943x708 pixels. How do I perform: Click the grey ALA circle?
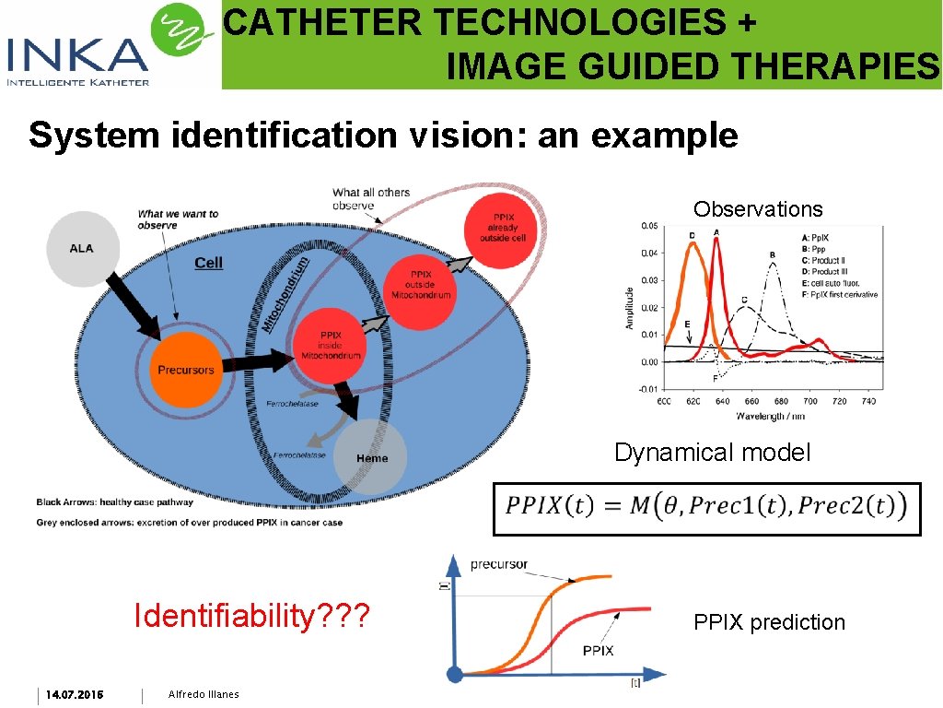pyautogui.click(x=81, y=248)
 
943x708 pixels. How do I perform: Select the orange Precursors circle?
pyautogui.click(x=185, y=370)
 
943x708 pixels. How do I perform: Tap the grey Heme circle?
pyautogui.click(x=370, y=458)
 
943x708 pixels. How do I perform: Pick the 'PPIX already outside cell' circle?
pyautogui.click(x=499, y=228)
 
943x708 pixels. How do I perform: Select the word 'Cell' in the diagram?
pyautogui.click(x=208, y=263)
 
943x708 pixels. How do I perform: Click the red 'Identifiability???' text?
pyautogui.click(x=251, y=614)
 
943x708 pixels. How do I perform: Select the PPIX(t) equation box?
pyautogui.click(x=706, y=508)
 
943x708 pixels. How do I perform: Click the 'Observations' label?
pyautogui.click(x=758, y=209)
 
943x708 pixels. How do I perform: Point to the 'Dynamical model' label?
pyautogui.click(x=713, y=453)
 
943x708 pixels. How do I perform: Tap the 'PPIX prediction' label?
pyautogui.click(x=769, y=622)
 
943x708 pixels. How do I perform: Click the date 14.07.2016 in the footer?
pyautogui.click(x=75, y=694)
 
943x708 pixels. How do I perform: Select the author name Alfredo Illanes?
pyautogui.click(x=204, y=694)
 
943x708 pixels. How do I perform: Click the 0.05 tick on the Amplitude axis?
pyautogui.click(x=649, y=226)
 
